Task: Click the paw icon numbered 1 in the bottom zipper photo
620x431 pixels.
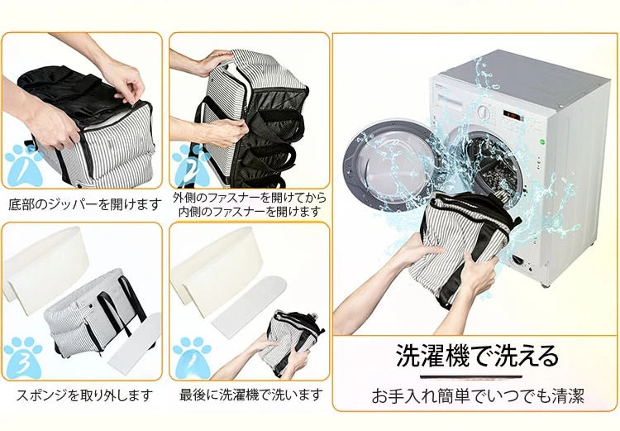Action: [25, 165]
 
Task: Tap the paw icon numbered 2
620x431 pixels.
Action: [192, 165]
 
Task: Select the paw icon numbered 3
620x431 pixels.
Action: [24, 357]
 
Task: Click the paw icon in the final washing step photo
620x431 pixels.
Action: [192, 357]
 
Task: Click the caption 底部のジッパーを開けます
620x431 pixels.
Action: [85, 204]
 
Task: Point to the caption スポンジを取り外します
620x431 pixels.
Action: [84, 395]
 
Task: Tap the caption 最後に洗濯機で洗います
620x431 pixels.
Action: [251, 395]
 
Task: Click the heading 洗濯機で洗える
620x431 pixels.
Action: [476, 356]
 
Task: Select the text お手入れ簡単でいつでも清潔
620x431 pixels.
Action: [477, 395]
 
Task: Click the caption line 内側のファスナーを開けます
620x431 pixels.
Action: [249, 212]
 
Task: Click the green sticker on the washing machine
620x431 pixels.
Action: [542, 141]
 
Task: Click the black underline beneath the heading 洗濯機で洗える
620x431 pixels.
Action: [471, 377]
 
